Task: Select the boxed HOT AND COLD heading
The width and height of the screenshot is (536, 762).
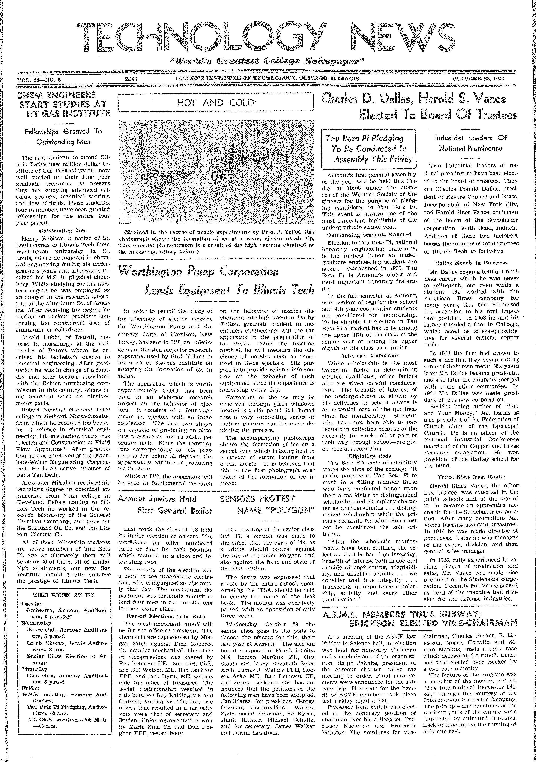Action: click(216, 103)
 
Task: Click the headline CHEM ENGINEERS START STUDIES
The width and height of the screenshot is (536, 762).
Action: click(63, 104)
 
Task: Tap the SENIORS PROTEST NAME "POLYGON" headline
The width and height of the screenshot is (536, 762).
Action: click(267, 504)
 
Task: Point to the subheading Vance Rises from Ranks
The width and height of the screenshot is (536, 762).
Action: click(471, 477)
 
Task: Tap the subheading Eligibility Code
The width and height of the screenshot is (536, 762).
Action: click(369, 456)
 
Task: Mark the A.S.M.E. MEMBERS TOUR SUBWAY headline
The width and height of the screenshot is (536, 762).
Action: click(420, 618)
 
